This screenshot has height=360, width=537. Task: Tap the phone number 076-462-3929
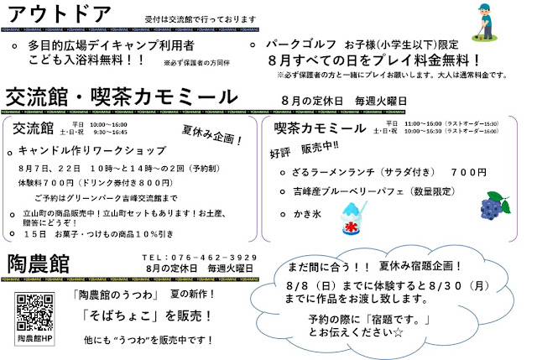pyautogui.click(x=200, y=256)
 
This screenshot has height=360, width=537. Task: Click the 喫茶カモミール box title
pyautogui.click(x=320, y=128)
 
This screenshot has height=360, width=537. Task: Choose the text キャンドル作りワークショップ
pyautogui.click(x=91, y=151)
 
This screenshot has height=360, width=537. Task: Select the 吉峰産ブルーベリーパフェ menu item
pyautogui.click(x=363, y=190)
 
